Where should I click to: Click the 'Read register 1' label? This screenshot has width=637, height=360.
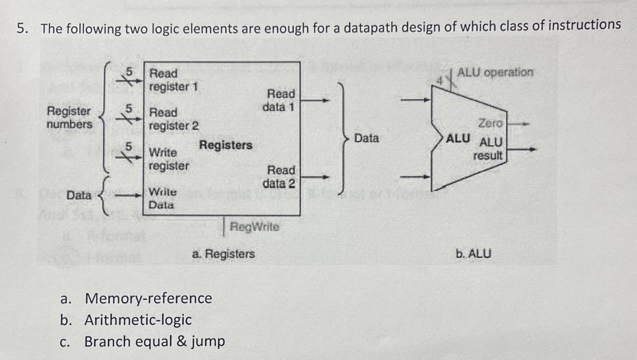174,80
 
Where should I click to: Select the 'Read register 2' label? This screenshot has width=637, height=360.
174,119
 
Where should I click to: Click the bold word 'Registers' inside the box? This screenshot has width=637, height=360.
226,145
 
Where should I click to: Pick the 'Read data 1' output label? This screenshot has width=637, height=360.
280,100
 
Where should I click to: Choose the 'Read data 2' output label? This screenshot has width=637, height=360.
279,177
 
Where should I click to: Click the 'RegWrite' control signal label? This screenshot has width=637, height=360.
255,227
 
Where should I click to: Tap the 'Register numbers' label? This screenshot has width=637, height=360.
69,118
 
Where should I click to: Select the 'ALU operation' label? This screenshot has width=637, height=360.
496,72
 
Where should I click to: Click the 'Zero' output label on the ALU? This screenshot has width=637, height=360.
490,122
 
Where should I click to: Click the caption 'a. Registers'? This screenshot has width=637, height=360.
223,254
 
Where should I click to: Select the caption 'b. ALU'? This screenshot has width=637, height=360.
473,254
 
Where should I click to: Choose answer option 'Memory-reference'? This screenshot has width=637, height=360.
148,299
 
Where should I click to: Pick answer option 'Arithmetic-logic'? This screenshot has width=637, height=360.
138,320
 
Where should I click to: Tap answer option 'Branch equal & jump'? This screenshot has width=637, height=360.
154,342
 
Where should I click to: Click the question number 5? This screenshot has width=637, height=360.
21,28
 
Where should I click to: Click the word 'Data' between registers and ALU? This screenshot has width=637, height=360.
367,138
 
